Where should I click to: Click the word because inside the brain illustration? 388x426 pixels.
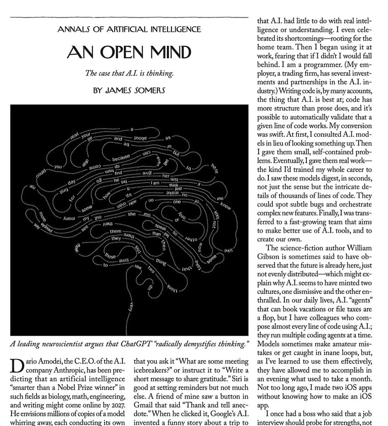tap(121, 158)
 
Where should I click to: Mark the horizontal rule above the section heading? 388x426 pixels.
tap(129, 17)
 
